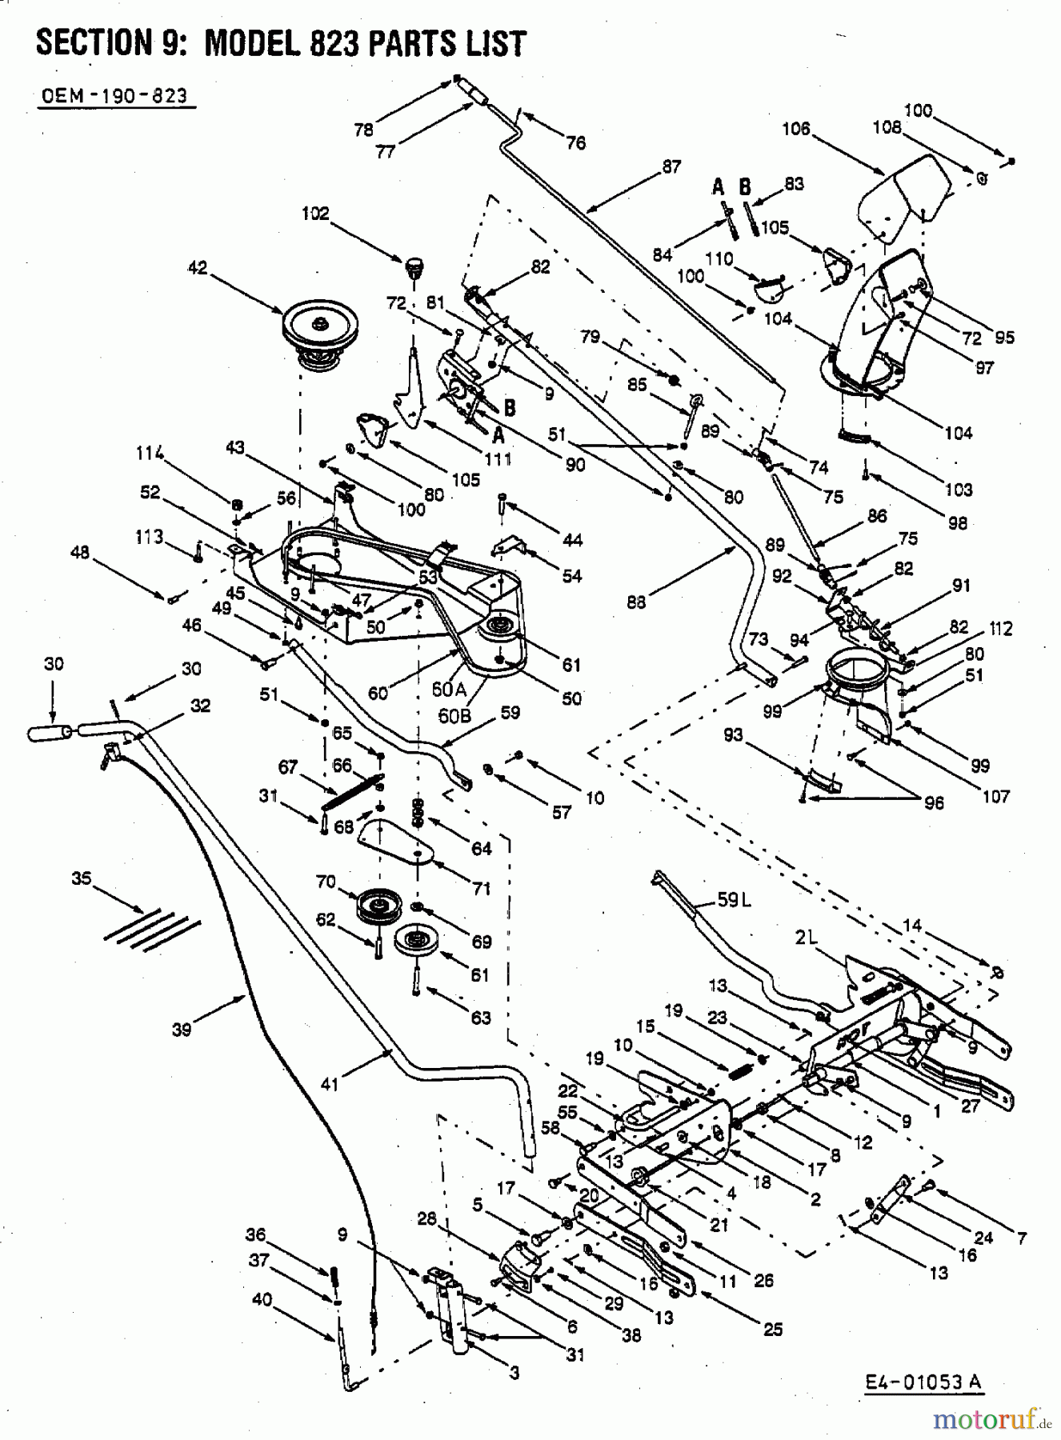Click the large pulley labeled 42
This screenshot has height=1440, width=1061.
[x=320, y=330]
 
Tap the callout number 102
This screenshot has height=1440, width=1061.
[x=315, y=214]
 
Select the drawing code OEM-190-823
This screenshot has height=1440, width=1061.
[x=114, y=97]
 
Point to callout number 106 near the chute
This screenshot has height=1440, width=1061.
[x=796, y=128]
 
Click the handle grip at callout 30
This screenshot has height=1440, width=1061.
[x=50, y=733]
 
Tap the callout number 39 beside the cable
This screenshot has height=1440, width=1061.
[x=182, y=1030]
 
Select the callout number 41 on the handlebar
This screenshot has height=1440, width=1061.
[x=330, y=1084]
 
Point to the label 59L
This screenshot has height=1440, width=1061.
[x=735, y=900]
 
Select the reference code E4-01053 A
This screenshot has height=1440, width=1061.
[x=923, y=1382]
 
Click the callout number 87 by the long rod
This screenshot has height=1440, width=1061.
[x=671, y=166]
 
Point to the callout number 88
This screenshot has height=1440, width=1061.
[x=636, y=602]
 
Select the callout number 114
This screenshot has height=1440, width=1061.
[x=150, y=454]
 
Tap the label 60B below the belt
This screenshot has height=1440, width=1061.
[x=454, y=717]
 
